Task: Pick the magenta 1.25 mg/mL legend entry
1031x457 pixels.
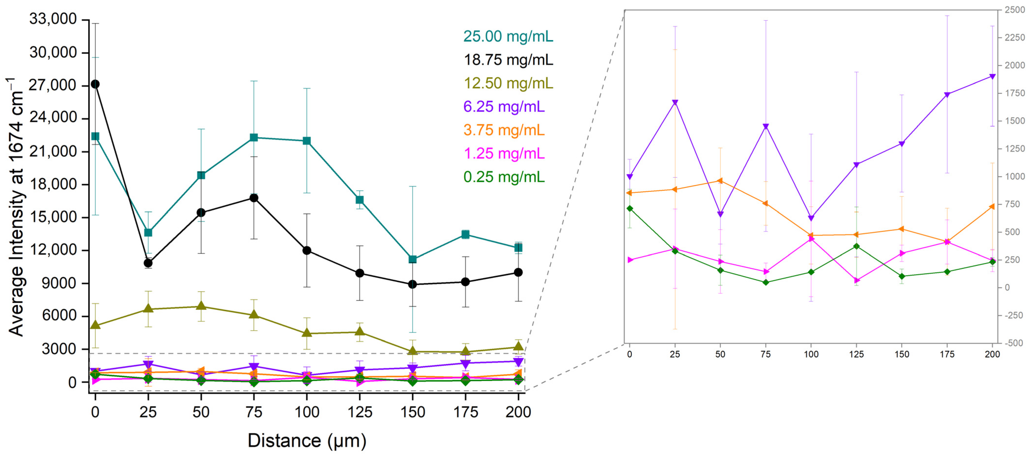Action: point(504,153)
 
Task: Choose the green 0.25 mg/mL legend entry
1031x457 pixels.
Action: point(504,177)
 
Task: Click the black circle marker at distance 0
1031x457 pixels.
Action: point(95,84)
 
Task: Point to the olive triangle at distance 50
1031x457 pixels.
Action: point(201,306)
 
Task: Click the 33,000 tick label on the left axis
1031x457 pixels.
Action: point(53,19)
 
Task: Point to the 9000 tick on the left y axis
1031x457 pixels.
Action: point(59,283)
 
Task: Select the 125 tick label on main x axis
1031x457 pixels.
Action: point(359,412)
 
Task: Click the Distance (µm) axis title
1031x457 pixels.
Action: point(307,441)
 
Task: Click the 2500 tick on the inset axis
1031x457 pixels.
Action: point(1015,10)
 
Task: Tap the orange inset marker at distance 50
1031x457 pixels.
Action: point(720,181)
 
